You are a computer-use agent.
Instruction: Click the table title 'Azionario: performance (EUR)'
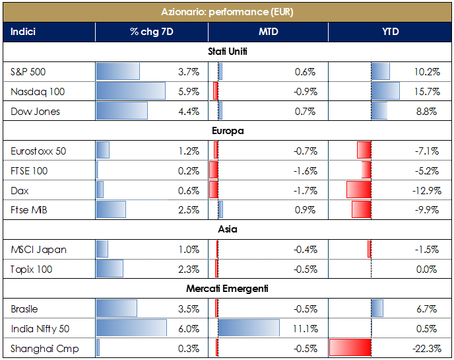click(227, 12)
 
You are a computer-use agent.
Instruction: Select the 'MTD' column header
click(267, 32)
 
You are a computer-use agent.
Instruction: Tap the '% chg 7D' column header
click(151, 32)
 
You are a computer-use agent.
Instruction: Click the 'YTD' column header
click(390, 32)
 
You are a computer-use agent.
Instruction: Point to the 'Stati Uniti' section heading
click(227, 52)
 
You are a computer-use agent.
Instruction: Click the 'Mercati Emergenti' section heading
click(227, 289)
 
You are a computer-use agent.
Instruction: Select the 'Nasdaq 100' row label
click(38, 91)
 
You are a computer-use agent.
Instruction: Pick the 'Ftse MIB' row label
click(29, 210)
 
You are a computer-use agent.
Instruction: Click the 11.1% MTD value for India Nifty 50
click(306, 328)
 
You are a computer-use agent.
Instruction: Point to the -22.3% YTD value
click(424, 348)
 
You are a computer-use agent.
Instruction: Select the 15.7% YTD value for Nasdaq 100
click(426, 91)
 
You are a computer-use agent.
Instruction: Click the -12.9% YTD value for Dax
click(424, 190)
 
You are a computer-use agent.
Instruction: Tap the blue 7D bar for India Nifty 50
click(131, 328)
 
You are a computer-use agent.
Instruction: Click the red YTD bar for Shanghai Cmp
click(350, 348)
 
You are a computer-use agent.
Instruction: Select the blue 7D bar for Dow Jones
click(122, 111)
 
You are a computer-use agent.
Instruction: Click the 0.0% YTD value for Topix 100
click(427, 269)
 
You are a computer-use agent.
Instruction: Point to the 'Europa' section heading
click(227, 131)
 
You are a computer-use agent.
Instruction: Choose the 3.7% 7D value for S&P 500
click(189, 71)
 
